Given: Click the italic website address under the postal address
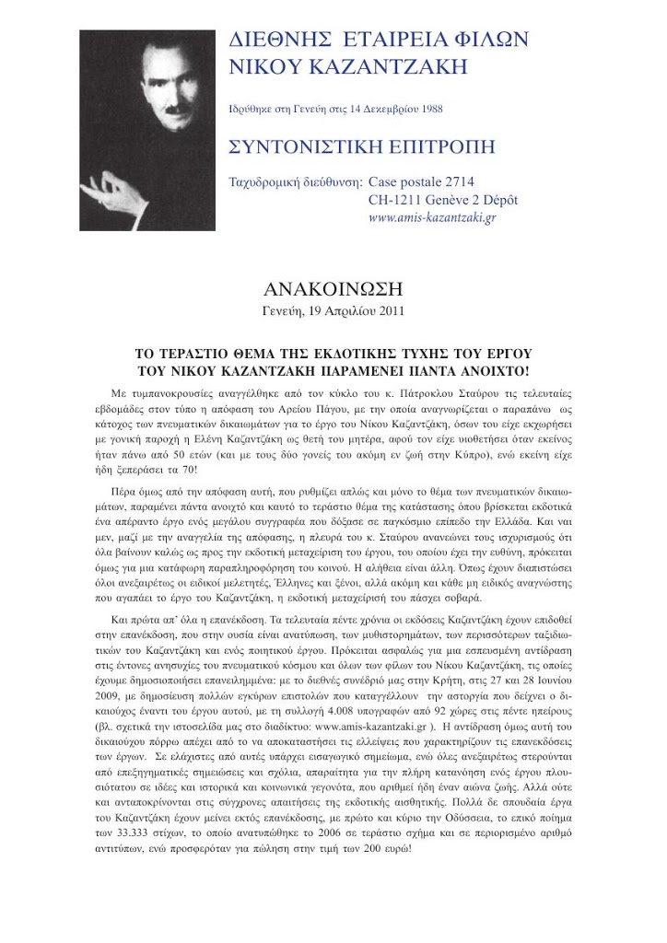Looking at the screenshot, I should pos(431,218).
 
